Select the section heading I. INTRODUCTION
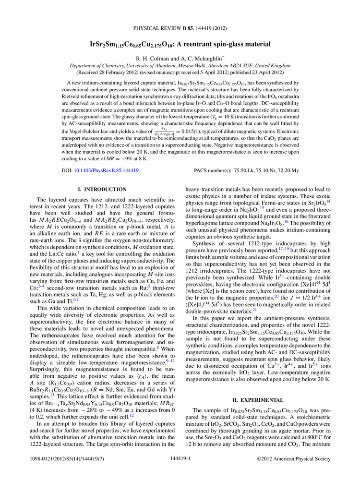point(99,190)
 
